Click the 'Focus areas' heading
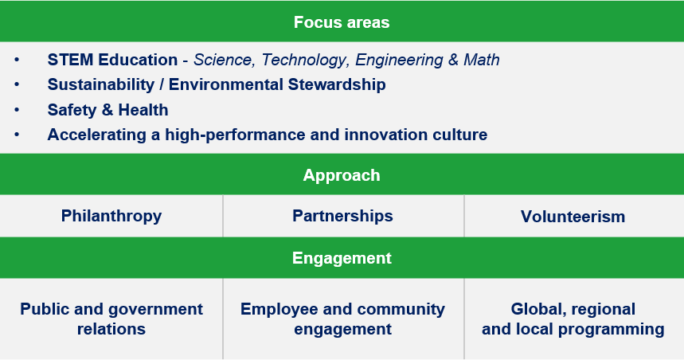(x=342, y=22)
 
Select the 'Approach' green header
(x=342, y=175)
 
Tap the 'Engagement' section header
(x=342, y=258)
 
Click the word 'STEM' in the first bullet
(x=70, y=60)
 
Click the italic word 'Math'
(x=482, y=60)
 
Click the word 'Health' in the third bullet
(x=143, y=110)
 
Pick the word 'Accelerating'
(x=97, y=135)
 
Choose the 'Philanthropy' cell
(x=111, y=216)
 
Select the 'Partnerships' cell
(x=342, y=216)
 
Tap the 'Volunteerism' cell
(x=573, y=217)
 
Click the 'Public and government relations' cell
(x=111, y=319)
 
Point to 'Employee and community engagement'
(x=342, y=319)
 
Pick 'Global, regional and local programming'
(x=573, y=319)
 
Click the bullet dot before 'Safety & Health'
(x=17, y=110)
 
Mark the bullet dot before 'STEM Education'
(x=17, y=60)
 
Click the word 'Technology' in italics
(x=305, y=60)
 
